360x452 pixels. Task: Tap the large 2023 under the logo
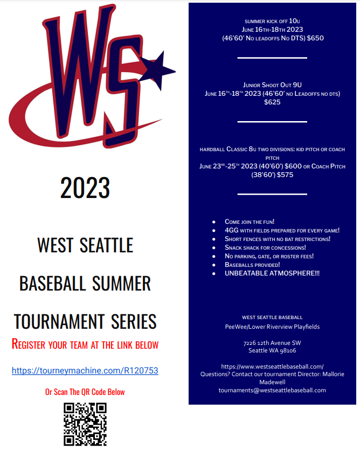point(85,188)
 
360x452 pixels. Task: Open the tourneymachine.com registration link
point(85,370)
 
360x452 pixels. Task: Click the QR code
point(85,425)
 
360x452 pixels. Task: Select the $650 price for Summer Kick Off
point(315,38)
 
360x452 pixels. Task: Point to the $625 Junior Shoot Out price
point(272,102)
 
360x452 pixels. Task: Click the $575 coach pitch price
point(285,175)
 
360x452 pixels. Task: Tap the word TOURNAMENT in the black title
point(59,322)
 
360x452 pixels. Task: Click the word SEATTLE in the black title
point(106,245)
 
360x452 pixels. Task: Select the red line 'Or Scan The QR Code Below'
point(85,392)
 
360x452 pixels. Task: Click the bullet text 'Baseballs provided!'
point(252,265)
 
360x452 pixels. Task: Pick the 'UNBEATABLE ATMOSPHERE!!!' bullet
point(272,273)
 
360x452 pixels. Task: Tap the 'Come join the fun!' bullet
point(250,222)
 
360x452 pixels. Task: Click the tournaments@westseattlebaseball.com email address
point(272,390)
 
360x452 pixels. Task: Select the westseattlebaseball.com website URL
point(272,366)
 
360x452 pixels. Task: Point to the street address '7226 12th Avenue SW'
point(272,343)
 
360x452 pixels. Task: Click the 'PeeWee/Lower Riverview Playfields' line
point(272,327)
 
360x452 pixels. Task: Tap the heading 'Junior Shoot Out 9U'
point(272,85)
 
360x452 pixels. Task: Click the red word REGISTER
point(28,344)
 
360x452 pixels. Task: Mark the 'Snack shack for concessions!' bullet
point(265,248)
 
